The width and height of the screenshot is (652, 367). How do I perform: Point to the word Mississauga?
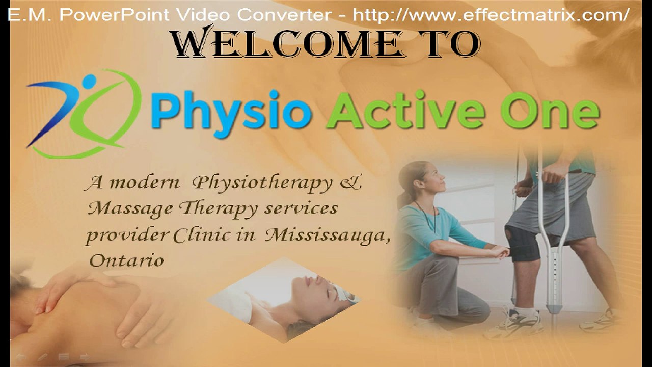(x=328, y=235)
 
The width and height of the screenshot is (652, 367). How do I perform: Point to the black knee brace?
(x=525, y=244)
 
